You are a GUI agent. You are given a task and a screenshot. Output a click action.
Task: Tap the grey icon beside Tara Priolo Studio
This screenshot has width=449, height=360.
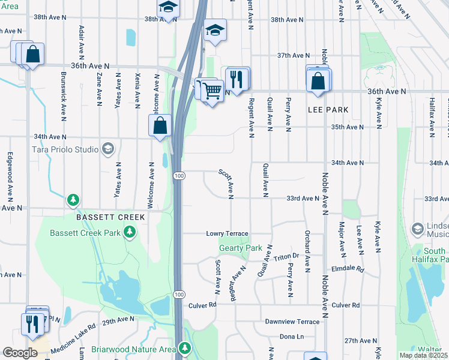108,148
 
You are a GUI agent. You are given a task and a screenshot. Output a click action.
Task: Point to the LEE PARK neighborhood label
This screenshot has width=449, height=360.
328,110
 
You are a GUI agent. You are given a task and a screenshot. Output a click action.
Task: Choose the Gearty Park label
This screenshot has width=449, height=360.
241,248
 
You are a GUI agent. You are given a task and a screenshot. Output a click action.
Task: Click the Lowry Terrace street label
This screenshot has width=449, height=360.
227,233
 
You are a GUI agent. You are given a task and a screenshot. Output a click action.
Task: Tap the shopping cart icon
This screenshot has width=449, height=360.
212,91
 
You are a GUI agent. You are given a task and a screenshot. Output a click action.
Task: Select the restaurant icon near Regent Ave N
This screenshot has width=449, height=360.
237,78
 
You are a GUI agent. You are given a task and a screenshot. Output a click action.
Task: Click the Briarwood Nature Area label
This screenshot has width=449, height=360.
133,349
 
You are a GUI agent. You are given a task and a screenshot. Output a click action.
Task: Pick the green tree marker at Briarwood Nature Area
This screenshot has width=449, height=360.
185,348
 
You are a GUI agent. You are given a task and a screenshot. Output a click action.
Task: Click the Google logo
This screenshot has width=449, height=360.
20,352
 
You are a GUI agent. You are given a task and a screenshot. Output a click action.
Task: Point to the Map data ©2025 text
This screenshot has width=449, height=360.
423,355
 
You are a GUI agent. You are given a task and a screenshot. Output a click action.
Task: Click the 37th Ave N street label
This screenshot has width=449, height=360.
292,55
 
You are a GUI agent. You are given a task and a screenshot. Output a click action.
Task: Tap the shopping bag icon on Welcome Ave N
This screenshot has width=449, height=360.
160,127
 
